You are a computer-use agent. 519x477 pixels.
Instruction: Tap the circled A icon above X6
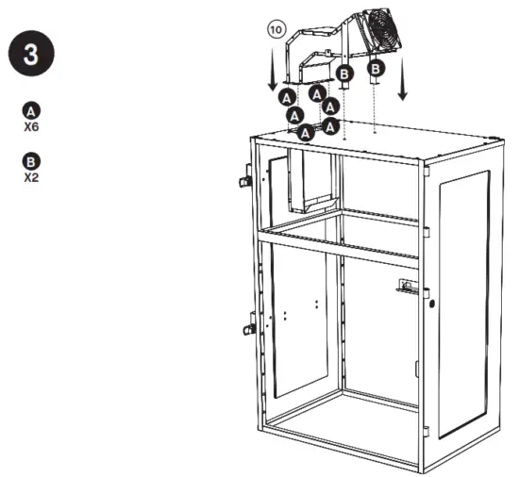pos(31,109)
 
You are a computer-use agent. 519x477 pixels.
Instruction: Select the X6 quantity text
pos(31,124)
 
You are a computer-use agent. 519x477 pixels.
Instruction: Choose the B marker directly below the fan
pos(375,68)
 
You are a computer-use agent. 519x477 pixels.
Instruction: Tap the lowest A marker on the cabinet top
pos(305,133)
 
